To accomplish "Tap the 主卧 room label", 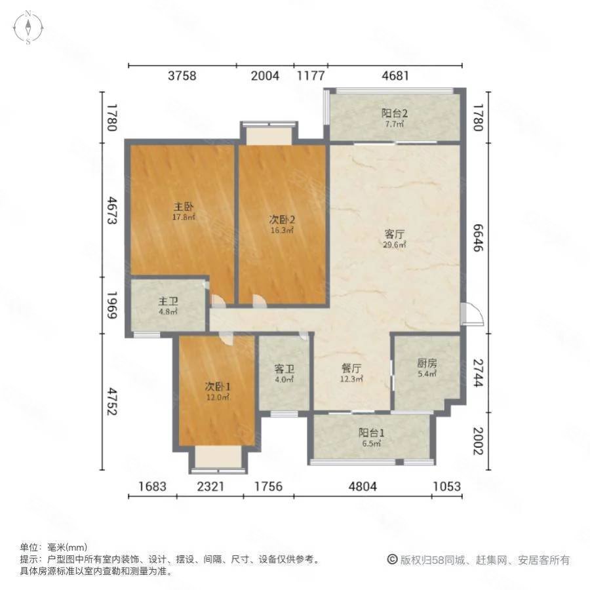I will (184, 205).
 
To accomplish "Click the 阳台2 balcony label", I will (393, 112).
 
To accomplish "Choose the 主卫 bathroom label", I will (165, 302).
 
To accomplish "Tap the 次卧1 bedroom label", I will (218, 386).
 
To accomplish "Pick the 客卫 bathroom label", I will (284, 368).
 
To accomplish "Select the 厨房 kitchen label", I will (426, 363).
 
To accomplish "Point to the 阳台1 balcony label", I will (371, 433).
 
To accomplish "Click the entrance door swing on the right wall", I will (471, 314).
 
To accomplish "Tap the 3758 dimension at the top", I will (182, 75).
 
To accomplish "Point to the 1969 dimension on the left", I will (112, 305).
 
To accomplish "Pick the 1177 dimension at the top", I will (310, 75).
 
